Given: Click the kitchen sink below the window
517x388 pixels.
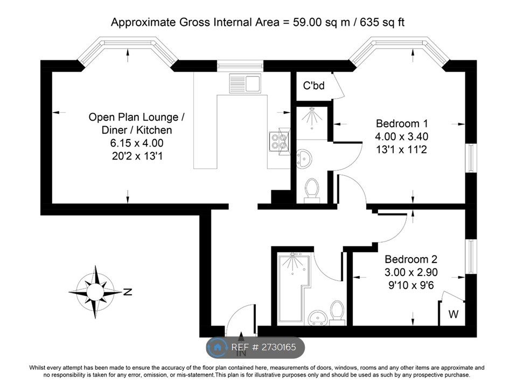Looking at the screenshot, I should point(245,82).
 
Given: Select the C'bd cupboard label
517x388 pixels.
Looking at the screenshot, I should point(313,85).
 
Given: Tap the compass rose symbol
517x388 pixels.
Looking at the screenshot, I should point(95,292).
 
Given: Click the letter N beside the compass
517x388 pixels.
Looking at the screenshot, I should point(128,292).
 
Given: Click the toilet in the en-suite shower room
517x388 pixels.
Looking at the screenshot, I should point(312,190).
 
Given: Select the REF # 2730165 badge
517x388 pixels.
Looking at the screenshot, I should point(256,348).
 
